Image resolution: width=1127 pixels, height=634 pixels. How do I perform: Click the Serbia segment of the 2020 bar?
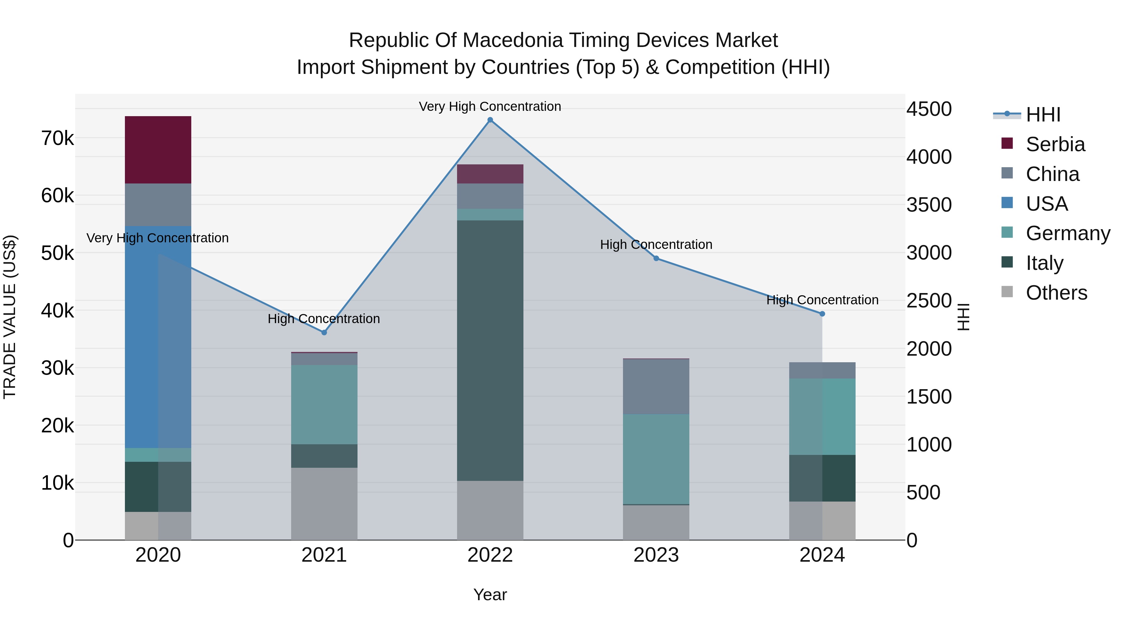pyautogui.click(x=158, y=150)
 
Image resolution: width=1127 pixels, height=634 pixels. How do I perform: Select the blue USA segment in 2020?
pyautogui.click(x=158, y=337)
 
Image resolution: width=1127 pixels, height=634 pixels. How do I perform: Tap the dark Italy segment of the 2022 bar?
pyautogui.click(x=490, y=350)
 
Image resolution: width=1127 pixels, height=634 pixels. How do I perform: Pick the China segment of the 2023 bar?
pyautogui.click(x=656, y=386)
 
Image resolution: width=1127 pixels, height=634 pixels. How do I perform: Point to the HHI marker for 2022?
pyautogui.click(x=490, y=120)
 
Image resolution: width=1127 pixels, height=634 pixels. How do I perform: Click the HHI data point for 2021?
pyautogui.click(x=324, y=332)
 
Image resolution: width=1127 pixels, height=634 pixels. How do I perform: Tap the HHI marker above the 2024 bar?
pyautogui.click(x=822, y=314)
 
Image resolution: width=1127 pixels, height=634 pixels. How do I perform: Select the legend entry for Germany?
pyautogui.click(x=1068, y=233)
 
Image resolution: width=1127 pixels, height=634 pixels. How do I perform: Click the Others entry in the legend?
pyautogui.click(x=1056, y=293)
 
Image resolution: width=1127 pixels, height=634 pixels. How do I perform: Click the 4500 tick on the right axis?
pyautogui.click(x=929, y=109)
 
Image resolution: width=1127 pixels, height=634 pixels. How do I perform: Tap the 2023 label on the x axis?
pyautogui.click(x=656, y=555)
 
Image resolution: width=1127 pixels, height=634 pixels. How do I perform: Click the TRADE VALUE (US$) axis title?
pyautogui.click(x=10, y=317)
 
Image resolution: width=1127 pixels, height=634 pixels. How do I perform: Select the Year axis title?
pyautogui.click(x=490, y=595)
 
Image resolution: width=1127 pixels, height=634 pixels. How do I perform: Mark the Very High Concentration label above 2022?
pyautogui.click(x=490, y=106)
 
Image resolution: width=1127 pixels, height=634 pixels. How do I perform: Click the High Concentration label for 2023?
pyautogui.click(x=656, y=244)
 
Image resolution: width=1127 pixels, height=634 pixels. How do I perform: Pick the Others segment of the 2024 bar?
pyautogui.click(x=822, y=520)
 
